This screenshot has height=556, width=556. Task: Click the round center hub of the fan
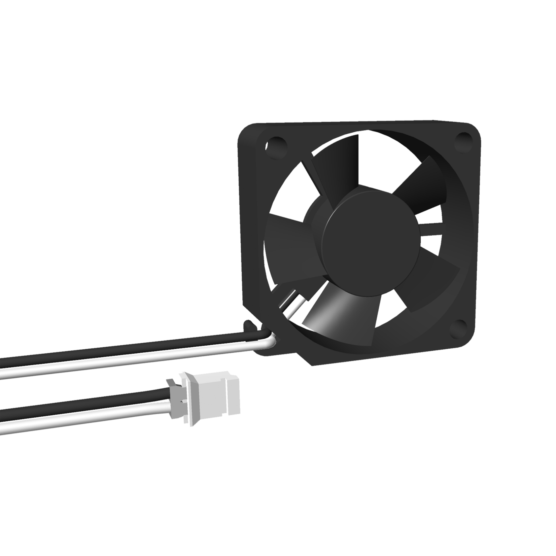click(370, 236)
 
